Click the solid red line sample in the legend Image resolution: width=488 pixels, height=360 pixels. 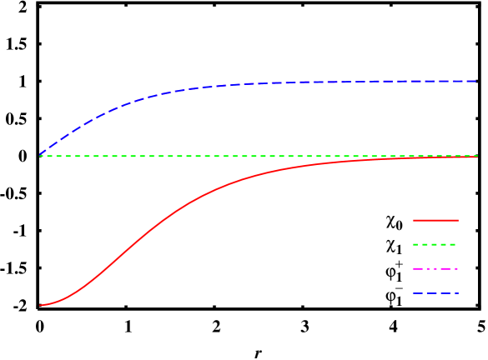(x=435, y=220)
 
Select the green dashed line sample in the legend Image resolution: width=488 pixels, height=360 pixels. (x=435, y=244)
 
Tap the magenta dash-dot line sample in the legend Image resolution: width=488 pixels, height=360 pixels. (x=435, y=268)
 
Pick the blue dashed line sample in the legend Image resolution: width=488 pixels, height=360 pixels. (x=435, y=293)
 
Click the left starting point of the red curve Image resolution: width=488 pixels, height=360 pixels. (x=40, y=305)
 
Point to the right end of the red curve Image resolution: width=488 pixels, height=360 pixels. (x=477, y=157)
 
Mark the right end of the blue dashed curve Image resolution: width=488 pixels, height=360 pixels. (x=477, y=81)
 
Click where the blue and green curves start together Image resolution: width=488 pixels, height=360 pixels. (x=40, y=155)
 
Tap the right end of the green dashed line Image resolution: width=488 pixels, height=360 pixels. (x=477, y=156)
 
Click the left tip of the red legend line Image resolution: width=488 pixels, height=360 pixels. (x=413, y=220)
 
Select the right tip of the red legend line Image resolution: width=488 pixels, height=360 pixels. (x=458, y=220)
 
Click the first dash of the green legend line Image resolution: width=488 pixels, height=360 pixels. (x=415, y=244)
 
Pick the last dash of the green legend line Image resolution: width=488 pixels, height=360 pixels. (x=453, y=244)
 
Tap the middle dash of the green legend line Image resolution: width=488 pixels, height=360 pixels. (x=434, y=244)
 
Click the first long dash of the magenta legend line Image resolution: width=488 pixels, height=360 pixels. (x=416, y=268)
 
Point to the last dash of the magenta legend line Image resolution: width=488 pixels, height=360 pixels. (x=455, y=268)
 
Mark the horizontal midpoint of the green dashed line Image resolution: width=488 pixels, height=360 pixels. (x=259, y=156)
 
